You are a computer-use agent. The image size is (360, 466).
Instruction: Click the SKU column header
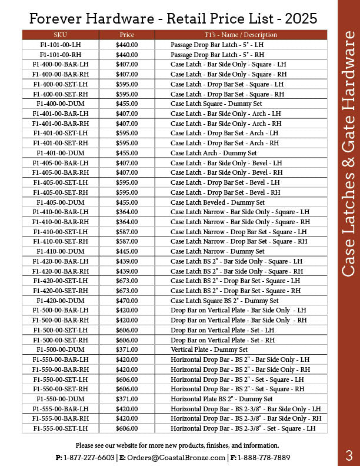pos(60,35)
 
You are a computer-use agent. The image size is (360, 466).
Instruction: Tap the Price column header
pos(126,35)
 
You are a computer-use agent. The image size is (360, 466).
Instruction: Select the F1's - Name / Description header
pos(241,35)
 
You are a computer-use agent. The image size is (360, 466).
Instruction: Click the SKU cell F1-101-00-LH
pos(60,45)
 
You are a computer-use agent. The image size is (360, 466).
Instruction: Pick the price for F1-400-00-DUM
pos(126,104)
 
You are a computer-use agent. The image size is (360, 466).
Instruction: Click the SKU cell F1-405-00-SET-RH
pos(60,192)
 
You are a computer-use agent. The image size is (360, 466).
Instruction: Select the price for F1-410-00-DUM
pos(126,251)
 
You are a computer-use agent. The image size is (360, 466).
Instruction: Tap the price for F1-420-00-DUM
pos(126,301)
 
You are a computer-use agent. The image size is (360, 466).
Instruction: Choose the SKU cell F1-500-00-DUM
pos(60,349)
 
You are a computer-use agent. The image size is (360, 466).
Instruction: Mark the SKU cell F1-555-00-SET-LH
pos(60,428)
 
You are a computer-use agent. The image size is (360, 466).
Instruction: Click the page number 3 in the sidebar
pos(349,455)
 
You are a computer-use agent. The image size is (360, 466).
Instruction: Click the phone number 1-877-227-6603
pos(89,457)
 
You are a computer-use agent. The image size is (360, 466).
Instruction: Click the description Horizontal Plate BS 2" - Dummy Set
pos(222,399)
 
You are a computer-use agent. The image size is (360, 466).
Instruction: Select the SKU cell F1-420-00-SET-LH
pos(60,281)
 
